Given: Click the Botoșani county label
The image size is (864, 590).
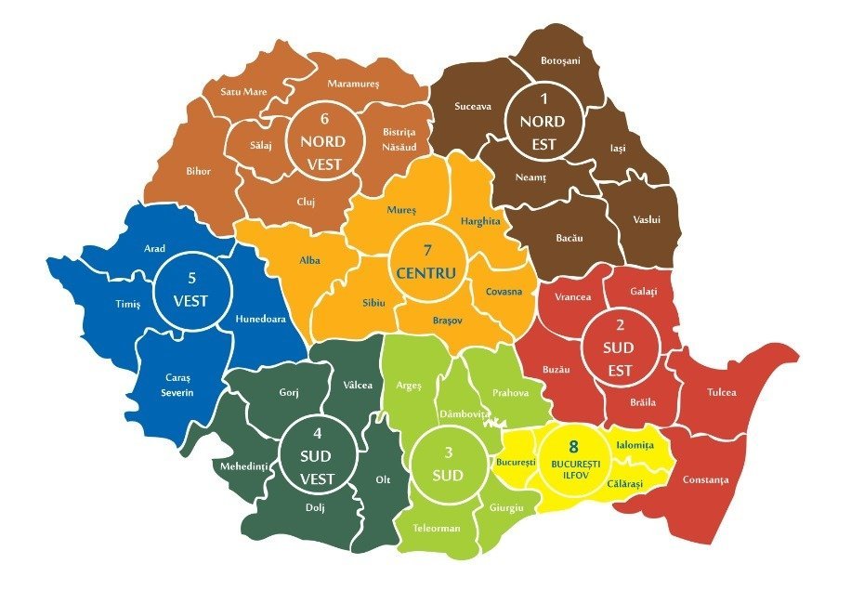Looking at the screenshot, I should click(x=559, y=60).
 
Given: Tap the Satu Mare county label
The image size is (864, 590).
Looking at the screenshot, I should click(x=242, y=92).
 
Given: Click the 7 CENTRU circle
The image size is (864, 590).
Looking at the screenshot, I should click(x=426, y=261).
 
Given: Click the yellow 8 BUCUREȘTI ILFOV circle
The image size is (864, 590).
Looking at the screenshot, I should click(x=573, y=455).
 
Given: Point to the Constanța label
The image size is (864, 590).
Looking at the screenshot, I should click(x=706, y=480).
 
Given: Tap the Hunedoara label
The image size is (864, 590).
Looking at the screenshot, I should click(x=259, y=319).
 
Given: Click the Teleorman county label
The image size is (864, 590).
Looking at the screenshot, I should click(x=437, y=528).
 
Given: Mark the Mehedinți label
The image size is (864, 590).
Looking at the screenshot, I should click(x=242, y=465).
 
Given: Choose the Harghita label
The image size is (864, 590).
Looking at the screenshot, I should click(x=480, y=221).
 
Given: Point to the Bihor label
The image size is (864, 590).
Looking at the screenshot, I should click(x=198, y=171).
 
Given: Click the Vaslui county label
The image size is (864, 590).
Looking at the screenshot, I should click(x=646, y=220).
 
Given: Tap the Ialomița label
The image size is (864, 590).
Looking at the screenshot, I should click(x=635, y=445).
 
